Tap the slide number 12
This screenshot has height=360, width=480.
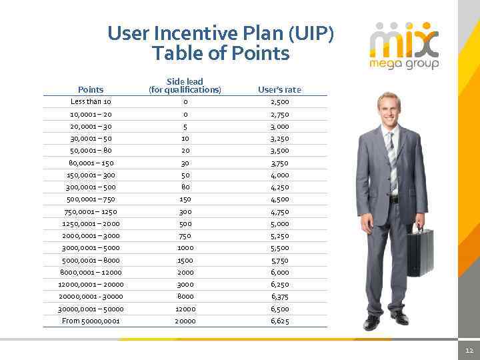tap(469, 350)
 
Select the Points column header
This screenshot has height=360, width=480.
tap(91, 89)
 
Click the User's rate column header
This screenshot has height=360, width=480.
tap(280, 89)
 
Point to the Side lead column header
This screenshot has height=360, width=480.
tap(185, 85)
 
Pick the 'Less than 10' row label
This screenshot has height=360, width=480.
tap(91, 102)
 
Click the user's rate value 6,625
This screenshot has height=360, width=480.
tap(280, 321)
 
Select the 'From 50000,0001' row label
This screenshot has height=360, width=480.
tap(91, 321)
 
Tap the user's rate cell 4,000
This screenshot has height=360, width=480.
tap(280, 175)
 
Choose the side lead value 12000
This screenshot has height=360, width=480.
tap(185, 309)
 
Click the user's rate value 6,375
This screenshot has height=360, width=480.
tap(280, 297)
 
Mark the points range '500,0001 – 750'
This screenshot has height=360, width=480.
tap(91, 199)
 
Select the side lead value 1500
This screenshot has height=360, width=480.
tap(185, 260)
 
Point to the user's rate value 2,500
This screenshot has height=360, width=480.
tap(280, 102)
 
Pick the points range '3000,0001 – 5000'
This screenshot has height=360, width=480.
tap(91, 248)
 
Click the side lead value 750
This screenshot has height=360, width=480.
tap(185, 236)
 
